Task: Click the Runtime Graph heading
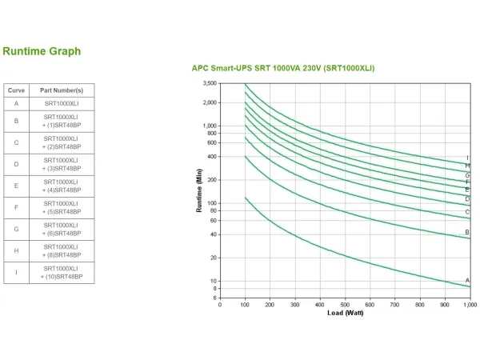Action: coord(42,51)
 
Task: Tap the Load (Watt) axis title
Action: coord(345,312)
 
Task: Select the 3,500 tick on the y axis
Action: coord(210,83)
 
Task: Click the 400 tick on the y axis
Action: coord(212,157)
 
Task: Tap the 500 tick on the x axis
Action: coord(345,304)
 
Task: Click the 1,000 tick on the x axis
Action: coord(469,304)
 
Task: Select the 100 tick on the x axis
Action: coord(246,304)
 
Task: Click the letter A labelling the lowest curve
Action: coord(467,281)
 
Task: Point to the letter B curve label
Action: coord(467,232)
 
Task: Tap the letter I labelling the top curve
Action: coord(467,158)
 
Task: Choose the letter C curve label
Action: coord(467,212)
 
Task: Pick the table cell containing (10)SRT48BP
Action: coord(62,275)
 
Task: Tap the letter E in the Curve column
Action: coord(17,186)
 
